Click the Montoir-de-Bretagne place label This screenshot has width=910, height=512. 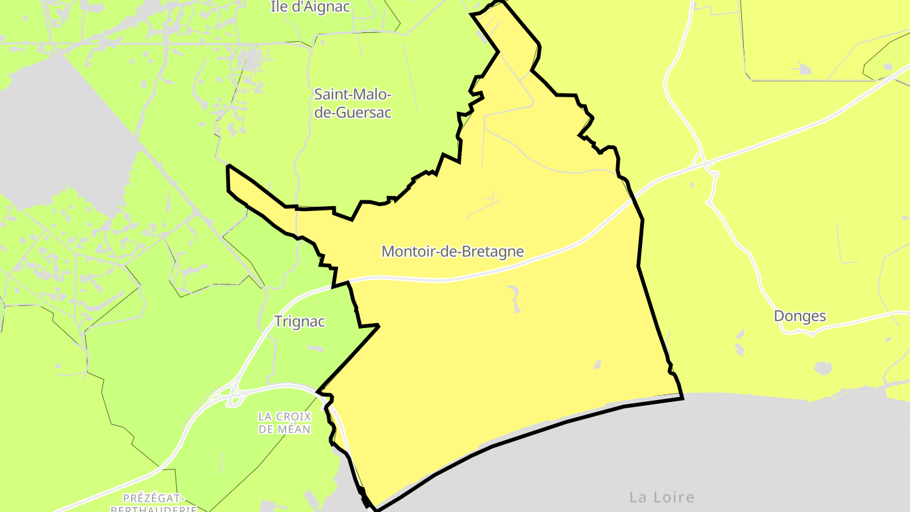[452, 252]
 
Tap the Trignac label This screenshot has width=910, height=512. [300, 321]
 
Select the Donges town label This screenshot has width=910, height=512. [800, 316]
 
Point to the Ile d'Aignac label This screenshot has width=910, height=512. [310, 7]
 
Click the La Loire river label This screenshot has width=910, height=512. [662, 497]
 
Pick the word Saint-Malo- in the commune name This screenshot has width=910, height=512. [353, 95]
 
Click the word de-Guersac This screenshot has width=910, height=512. [353, 113]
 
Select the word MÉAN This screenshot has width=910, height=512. [293, 429]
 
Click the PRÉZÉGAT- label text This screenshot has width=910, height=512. [153, 497]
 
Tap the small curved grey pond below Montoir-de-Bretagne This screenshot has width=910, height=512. [514, 297]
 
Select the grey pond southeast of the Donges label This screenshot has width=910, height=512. [822, 367]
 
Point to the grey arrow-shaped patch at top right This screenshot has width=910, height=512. [802, 68]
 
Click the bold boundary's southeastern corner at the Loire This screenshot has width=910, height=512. [682, 398]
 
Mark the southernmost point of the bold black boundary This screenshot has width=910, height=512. [377, 509]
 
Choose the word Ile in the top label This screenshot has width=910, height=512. [279, 7]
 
